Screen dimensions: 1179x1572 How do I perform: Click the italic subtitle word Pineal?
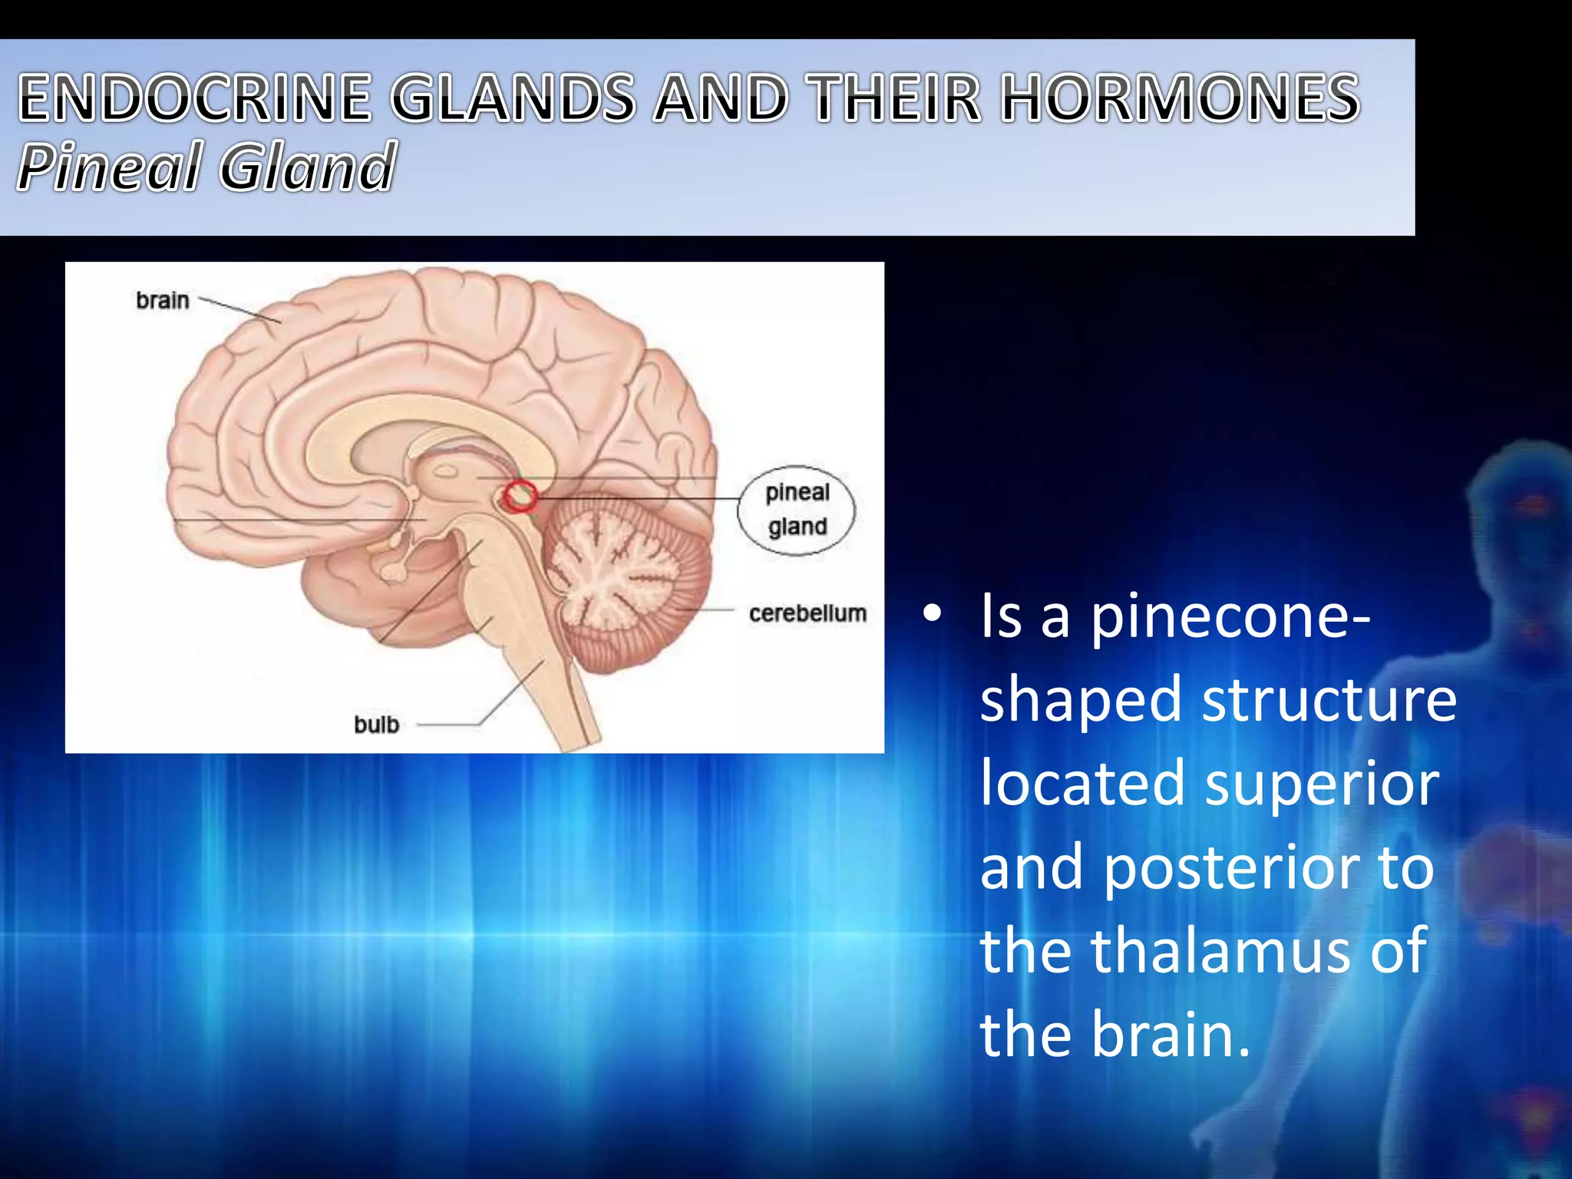[x=109, y=167]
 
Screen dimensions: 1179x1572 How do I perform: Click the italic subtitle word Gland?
[x=308, y=167]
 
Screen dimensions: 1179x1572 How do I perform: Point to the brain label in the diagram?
[x=163, y=300]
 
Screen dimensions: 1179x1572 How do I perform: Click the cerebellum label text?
[x=807, y=613]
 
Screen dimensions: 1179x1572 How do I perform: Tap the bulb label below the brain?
[x=376, y=725]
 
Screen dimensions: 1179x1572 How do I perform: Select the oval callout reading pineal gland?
[x=797, y=510]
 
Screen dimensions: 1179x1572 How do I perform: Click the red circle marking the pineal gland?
[x=521, y=496]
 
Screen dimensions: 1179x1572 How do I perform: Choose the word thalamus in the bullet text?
[x=1220, y=951]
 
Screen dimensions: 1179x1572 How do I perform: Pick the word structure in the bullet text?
[x=1329, y=700]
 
